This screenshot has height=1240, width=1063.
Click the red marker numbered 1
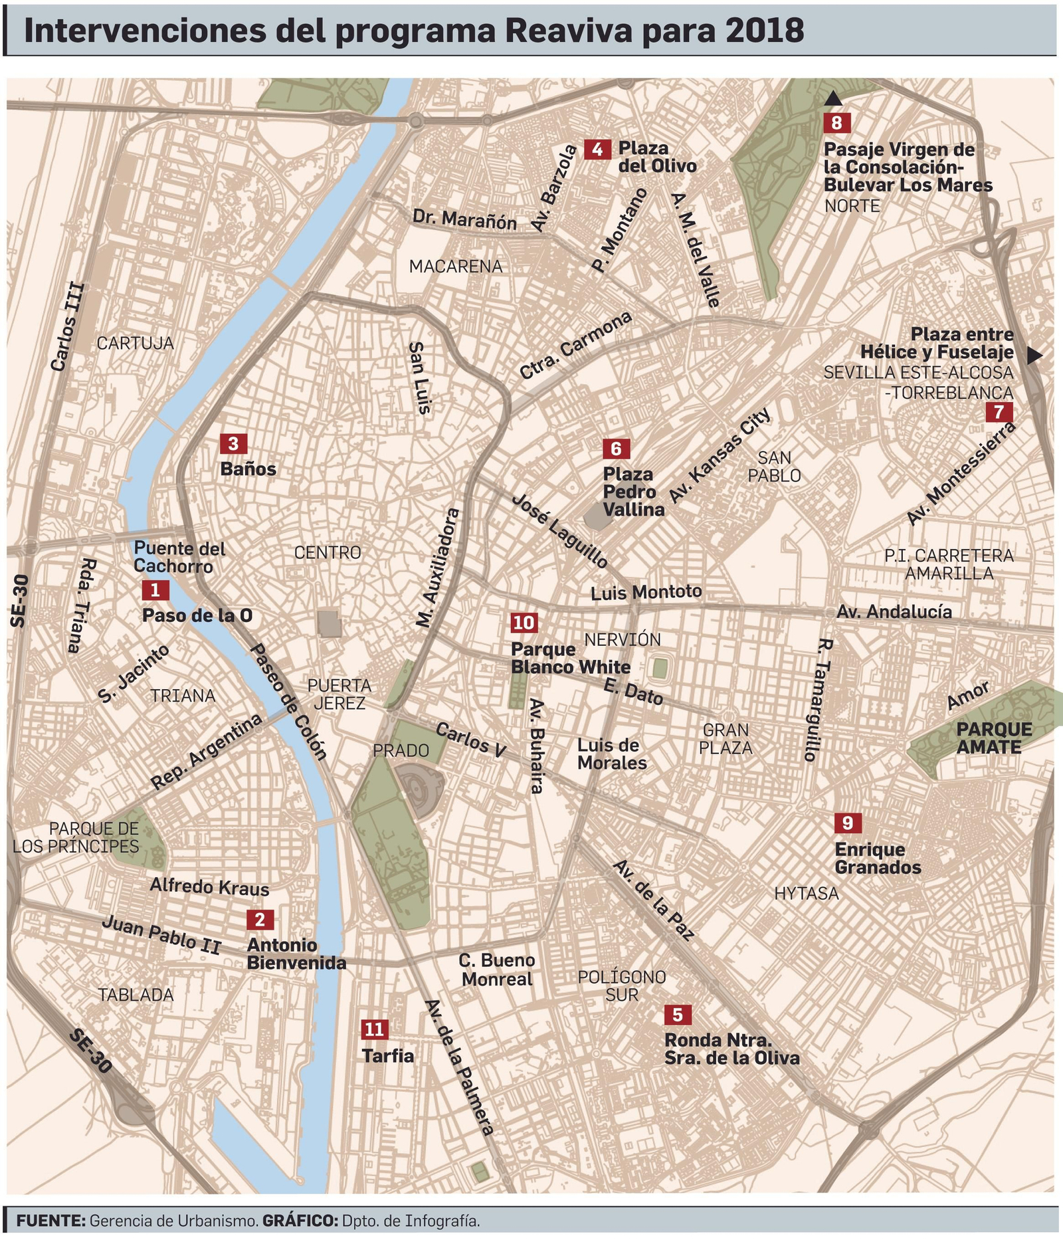[155, 589]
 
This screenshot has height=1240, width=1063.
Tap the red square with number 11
[375, 1029]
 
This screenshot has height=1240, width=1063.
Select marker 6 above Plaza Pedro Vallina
[616, 449]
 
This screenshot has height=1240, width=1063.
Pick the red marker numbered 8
[836, 122]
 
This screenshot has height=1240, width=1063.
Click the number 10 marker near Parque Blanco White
[524, 623]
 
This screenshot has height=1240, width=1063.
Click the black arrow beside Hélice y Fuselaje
[1034, 356]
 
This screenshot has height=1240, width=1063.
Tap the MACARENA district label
[455, 266]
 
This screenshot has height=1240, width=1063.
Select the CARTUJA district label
[135, 343]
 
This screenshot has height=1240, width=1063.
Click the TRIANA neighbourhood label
[182, 696]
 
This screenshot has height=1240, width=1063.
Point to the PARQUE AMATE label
[994, 738]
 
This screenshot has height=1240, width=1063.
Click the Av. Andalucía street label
[894, 611]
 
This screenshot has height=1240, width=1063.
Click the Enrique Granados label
[877, 858]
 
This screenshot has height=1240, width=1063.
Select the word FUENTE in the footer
[50, 1220]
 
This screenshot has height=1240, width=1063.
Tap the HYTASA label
[806, 894]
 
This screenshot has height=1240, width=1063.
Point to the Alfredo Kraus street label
[209, 887]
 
